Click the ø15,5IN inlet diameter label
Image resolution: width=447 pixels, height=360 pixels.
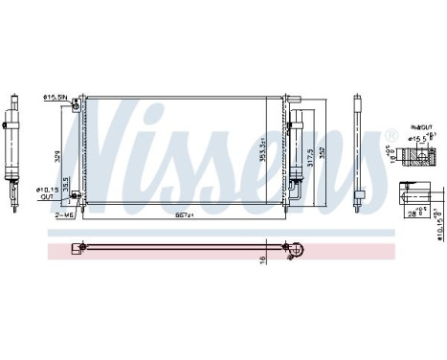tap(54, 97)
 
